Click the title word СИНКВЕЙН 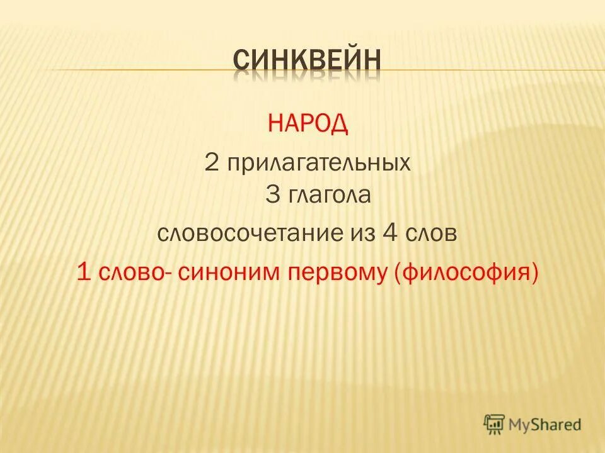(307, 61)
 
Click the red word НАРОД (308, 123)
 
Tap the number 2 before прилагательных (211, 164)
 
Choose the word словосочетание (245, 233)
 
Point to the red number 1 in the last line (81, 274)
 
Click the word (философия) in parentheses (466, 274)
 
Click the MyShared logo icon (495, 425)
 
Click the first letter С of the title (241, 61)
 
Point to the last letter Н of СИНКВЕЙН (372, 61)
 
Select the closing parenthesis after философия (535, 274)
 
